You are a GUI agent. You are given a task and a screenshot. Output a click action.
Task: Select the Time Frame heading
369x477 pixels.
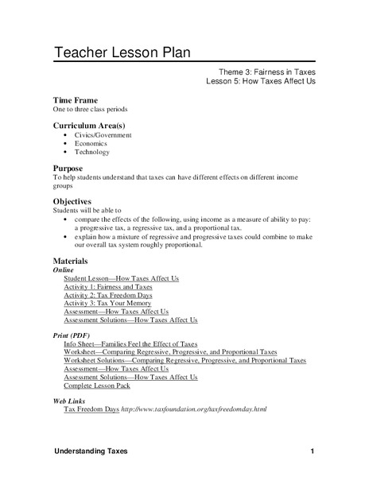pos(76,100)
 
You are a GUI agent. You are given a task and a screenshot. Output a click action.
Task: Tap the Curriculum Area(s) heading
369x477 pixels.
pos(91,126)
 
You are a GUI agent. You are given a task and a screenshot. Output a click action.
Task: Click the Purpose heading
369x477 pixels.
pos(68,169)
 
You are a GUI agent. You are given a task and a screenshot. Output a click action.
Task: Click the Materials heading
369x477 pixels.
pos(71,261)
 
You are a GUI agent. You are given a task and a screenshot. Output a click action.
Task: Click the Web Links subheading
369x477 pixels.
pos(71,403)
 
